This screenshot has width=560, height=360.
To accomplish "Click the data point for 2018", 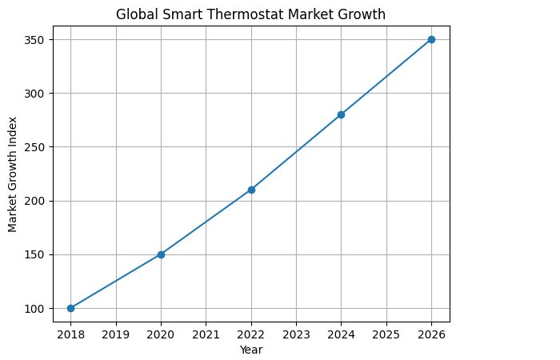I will tap(70, 308).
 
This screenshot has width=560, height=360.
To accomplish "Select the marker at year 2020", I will tap(161, 254).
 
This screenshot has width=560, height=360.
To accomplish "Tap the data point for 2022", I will tap(251, 190).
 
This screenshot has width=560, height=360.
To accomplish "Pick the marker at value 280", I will tap(341, 114).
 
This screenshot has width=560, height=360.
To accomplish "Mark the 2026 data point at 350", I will tap(431, 39).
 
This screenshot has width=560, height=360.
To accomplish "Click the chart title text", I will tap(251, 14).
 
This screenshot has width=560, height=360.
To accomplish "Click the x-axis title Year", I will tap(251, 350).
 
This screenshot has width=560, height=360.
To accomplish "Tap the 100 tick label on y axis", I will tap(43, 309).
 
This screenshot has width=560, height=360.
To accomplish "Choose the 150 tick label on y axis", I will tap(43, 254).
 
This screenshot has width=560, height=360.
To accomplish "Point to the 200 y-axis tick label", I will tap(43, 201).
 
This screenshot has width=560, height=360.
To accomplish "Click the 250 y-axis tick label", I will tap(43, 147).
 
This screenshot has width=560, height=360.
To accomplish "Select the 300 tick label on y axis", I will tap(43, 94).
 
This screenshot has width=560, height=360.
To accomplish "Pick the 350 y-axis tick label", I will tap(43, 40).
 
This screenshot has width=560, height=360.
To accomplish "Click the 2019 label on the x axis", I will tap(116, 334).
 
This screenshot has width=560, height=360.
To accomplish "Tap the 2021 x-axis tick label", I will tap(206, 334).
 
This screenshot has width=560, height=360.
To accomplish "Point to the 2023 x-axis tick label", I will tap(296, 334).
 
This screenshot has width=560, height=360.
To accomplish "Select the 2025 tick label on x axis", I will tap(386, 334).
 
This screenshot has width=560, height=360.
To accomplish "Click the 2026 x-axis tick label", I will tap(431, 334).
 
